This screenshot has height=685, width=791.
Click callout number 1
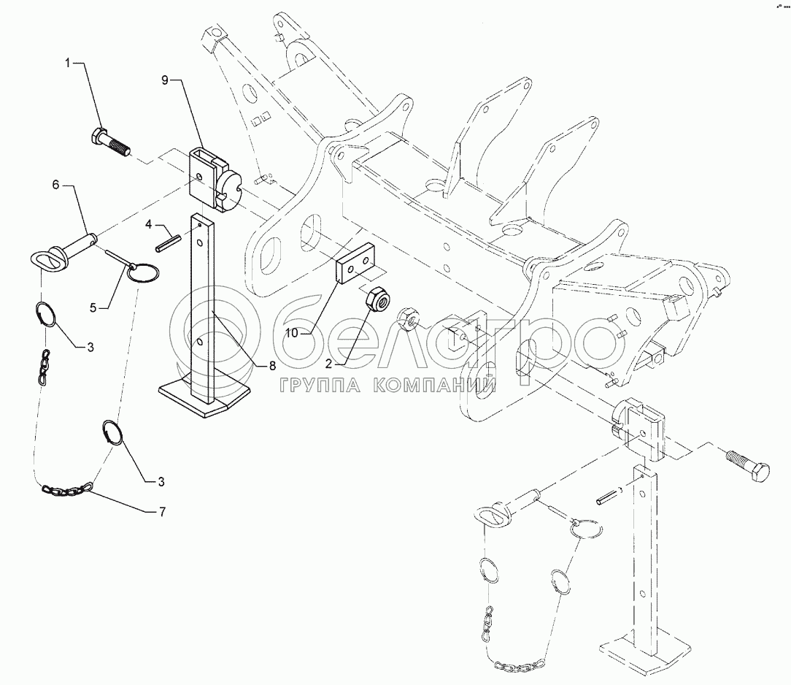pos(68,63)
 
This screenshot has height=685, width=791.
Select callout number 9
pos(166,80)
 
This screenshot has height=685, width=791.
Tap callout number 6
pos(55,185)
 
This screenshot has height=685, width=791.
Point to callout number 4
pos(148,223)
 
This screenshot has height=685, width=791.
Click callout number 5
pos(93,307)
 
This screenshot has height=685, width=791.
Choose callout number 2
pos(328,364)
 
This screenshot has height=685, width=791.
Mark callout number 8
pos(272,366)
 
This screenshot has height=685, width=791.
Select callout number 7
pos(162,512)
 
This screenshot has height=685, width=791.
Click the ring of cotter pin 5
pos(143,272)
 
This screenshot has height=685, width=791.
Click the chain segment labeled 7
pos(67,489)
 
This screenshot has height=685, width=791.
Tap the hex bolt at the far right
pos(748,464)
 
